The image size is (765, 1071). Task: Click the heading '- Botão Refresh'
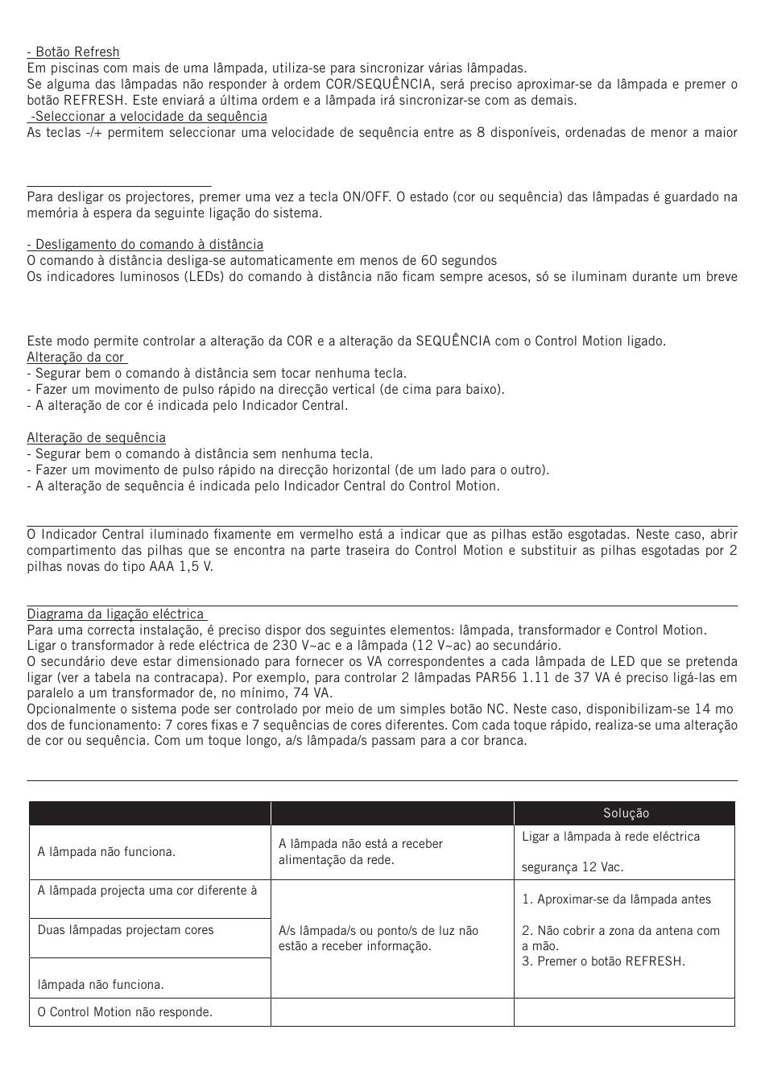(x=73, y=52)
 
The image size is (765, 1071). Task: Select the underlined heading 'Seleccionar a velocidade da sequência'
(x=149, y=117)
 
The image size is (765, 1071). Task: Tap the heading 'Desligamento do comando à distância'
(x=145, y=245)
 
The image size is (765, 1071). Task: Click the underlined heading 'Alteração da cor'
(x=76, y=358)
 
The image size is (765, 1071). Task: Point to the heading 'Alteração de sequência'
(x=96, y=438)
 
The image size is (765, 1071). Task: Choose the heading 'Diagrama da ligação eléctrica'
(x=115, y=614)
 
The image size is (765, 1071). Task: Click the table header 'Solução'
(x=626, y=814)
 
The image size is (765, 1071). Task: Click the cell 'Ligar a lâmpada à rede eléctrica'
(x=610, y=837)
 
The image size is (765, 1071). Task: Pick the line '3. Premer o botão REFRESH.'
(x=603, y=961)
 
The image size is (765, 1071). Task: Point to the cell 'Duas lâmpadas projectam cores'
(x=126, y=930)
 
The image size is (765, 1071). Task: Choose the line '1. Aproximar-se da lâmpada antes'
(x=616, y=899)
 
